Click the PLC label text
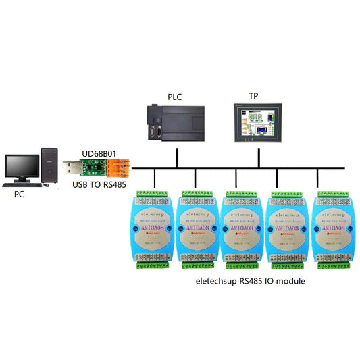[174, 97]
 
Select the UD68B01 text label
[100, 153]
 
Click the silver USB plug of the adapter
[71, 168]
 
